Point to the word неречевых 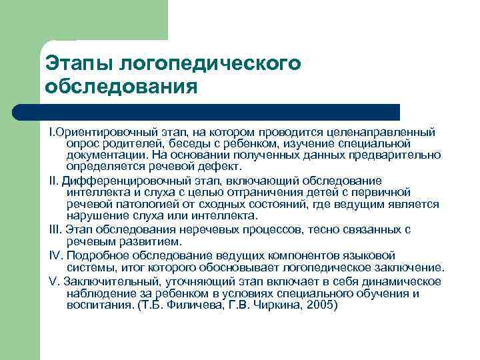click(193, 229)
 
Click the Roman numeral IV click(56, 255)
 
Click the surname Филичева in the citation click(193, 305)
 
